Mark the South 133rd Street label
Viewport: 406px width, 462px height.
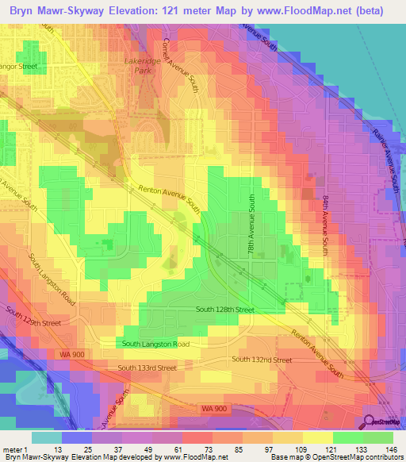(147, 368)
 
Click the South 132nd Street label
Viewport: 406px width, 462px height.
(262, 360)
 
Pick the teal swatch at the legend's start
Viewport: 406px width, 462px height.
(47, 437)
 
